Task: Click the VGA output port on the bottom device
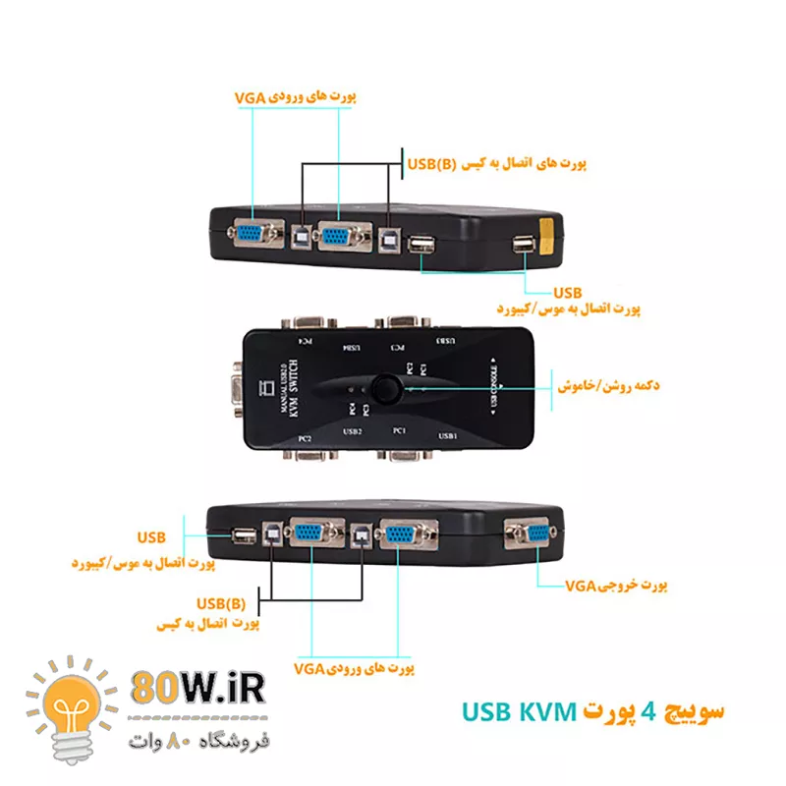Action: pyautogui.click(x=533, y=535)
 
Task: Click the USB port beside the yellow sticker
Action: pyautogui.click(x=520, y=245)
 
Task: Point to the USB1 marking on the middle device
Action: pyautogui.click(x=448, y=435)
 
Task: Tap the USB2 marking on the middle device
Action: pyautogui.click(x=353, y=431)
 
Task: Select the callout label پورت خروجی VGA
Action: pyautogui.click(x=616, y=586)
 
